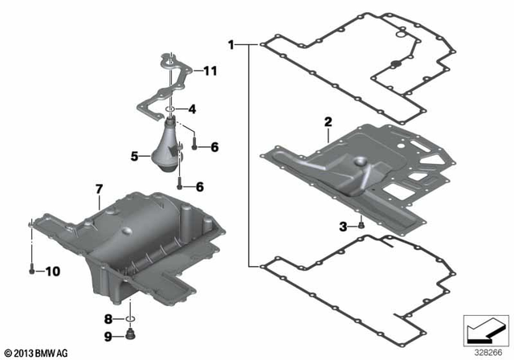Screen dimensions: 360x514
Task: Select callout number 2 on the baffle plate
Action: tap(327, 122)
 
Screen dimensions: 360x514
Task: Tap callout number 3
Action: tap(343, 227)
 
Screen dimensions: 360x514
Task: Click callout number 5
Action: tap(135, 155)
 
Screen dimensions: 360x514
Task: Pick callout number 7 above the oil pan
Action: tap(99, 189)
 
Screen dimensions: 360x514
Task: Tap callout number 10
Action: tap(52, 272)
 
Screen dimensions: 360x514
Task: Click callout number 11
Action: tap(210, 72)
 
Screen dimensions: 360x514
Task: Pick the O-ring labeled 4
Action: tap(171, 109)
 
